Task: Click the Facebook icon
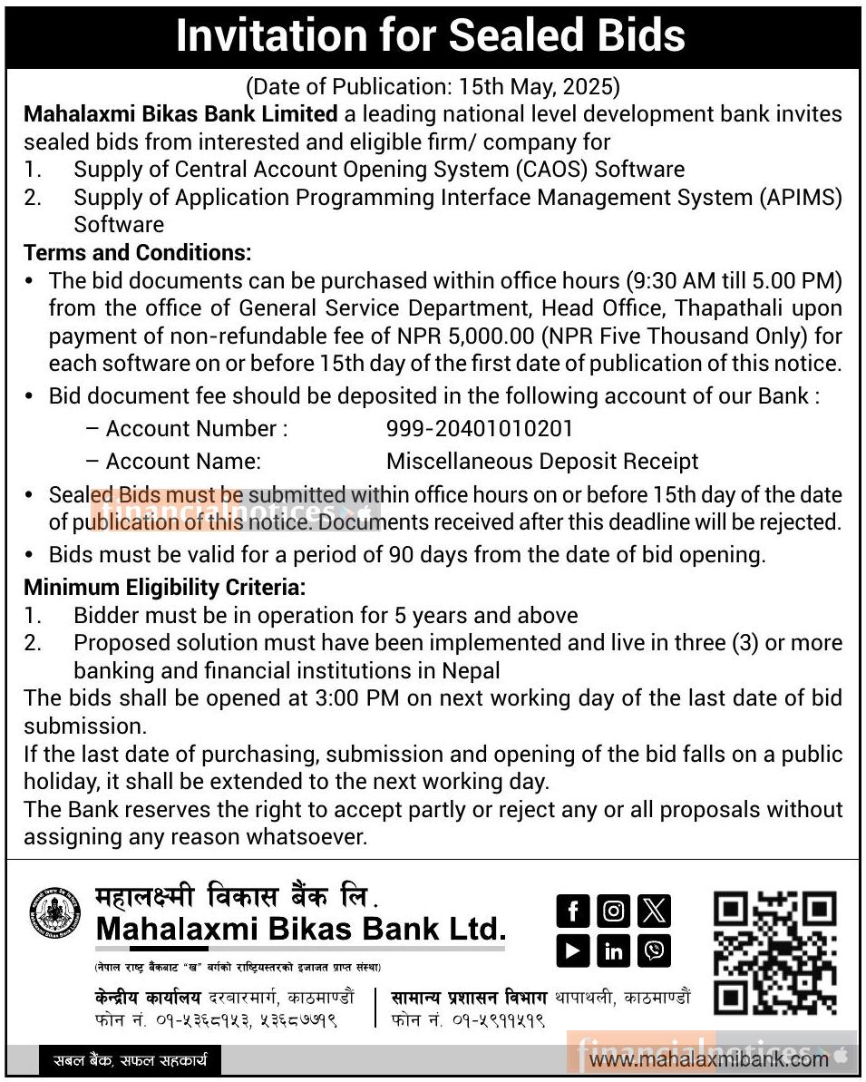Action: [572, 910]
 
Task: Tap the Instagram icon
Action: [614, 910]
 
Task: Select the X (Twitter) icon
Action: [654, 910]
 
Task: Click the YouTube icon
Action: [572, 950]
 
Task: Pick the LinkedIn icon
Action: [614, 950]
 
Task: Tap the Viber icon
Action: [654, 950]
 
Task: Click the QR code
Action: [774, 952]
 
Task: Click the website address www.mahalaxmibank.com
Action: [714, 1058]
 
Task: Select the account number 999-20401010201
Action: [480, 428]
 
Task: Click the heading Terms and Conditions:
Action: [138, 252]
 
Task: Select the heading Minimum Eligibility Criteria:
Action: [165, 588]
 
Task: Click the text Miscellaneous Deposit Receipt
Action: [542, 461]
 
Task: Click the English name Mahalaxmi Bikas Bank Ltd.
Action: [300, 929]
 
